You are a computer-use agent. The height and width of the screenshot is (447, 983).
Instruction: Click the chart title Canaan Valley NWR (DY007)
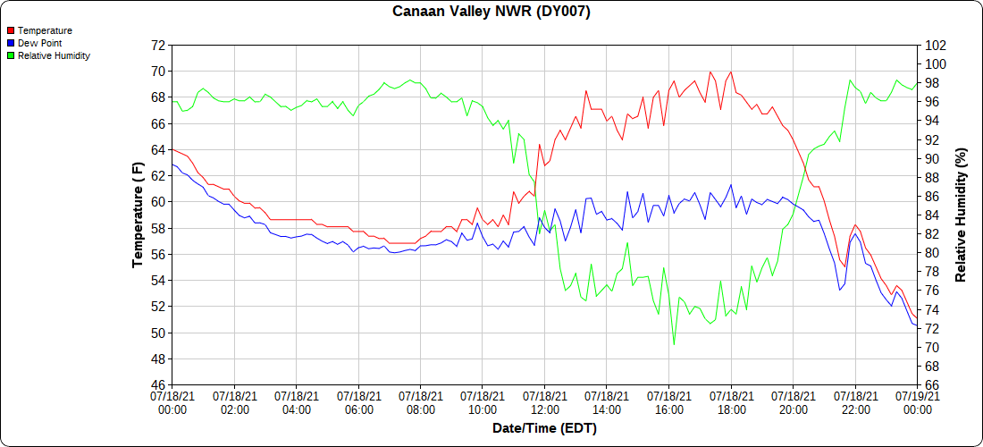pos(491,12)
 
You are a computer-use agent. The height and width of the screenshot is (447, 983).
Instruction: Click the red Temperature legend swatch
pos(11,30)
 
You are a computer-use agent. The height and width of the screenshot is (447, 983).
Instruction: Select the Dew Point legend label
pos(40,43)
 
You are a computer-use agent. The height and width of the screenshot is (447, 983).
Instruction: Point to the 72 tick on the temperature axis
pos(157,45)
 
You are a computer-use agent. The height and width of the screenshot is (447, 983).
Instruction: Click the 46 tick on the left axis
pos(157,385)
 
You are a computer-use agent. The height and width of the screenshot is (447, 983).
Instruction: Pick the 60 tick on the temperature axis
pos(157,202)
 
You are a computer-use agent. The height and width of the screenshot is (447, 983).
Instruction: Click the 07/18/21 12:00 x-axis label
pos(545,402)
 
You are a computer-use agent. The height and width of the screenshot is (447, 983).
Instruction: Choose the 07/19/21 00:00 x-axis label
pos(917,402)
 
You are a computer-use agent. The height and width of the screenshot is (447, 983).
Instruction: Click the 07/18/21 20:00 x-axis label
pos(794,402)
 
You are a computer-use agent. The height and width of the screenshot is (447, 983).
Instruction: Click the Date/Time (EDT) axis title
pos(544,428)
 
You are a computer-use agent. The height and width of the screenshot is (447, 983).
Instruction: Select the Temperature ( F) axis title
pos(138,215)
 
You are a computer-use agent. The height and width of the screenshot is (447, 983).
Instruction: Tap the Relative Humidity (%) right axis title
pos(961,215)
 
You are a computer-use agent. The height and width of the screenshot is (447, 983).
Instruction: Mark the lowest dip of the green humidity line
pos(674,344)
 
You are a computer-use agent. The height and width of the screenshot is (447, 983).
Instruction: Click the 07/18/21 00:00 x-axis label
pos(172,402)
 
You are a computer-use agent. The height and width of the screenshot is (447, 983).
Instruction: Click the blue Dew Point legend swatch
pos(11,43)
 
